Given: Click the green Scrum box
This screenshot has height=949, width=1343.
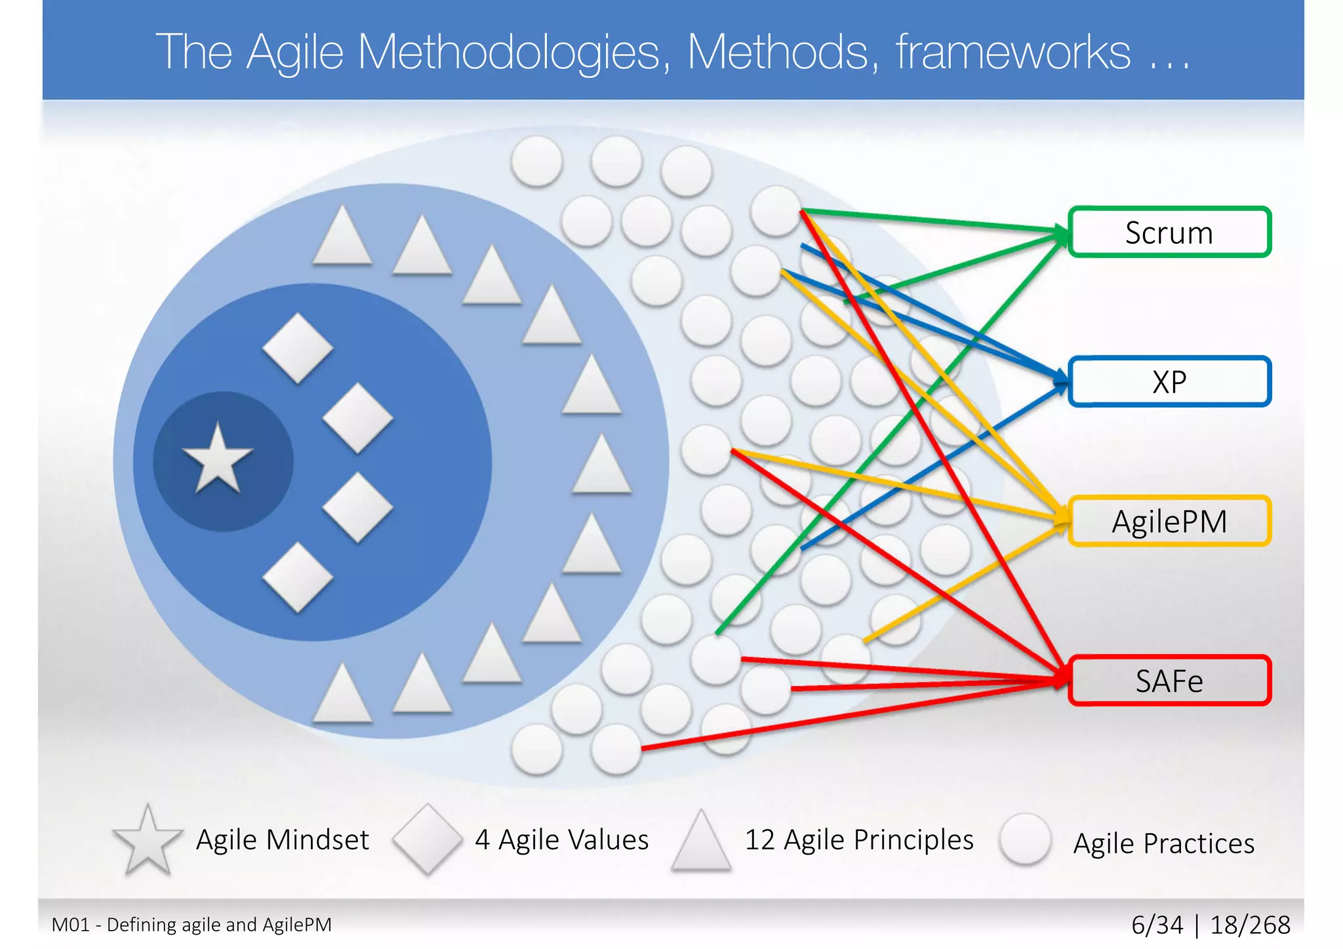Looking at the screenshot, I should tap(1169, 233).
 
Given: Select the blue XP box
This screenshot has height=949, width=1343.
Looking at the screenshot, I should tap(1169, 381).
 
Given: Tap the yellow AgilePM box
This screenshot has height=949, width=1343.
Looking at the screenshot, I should tap(1169, 522).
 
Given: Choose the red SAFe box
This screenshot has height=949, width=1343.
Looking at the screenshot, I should tap(1169, 681).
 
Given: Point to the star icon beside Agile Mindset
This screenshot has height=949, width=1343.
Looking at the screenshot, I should tap(148, 840).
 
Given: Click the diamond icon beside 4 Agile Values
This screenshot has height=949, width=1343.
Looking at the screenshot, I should tap(428, 840).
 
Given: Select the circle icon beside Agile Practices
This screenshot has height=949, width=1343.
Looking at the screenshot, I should tap(1025, 840).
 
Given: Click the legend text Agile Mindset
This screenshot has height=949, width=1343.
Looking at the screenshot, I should tap(283, 840).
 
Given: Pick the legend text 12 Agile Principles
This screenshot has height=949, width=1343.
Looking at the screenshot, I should tap(859, 840).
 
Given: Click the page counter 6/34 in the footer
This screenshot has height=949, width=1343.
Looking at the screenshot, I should tap(1157, 925).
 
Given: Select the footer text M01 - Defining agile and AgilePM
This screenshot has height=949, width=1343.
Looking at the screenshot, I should tap(191, 925).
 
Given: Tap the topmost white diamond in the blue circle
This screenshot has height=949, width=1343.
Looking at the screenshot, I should tap(298, 348).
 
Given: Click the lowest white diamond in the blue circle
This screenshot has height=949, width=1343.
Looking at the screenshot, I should tap(298, 577).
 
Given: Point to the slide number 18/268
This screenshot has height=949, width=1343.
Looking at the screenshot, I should tap(1250, 925).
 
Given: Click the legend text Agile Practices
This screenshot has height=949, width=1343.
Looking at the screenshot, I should tap(1163, 843).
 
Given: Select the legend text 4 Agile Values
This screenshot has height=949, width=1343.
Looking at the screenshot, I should tap(562, 840).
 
